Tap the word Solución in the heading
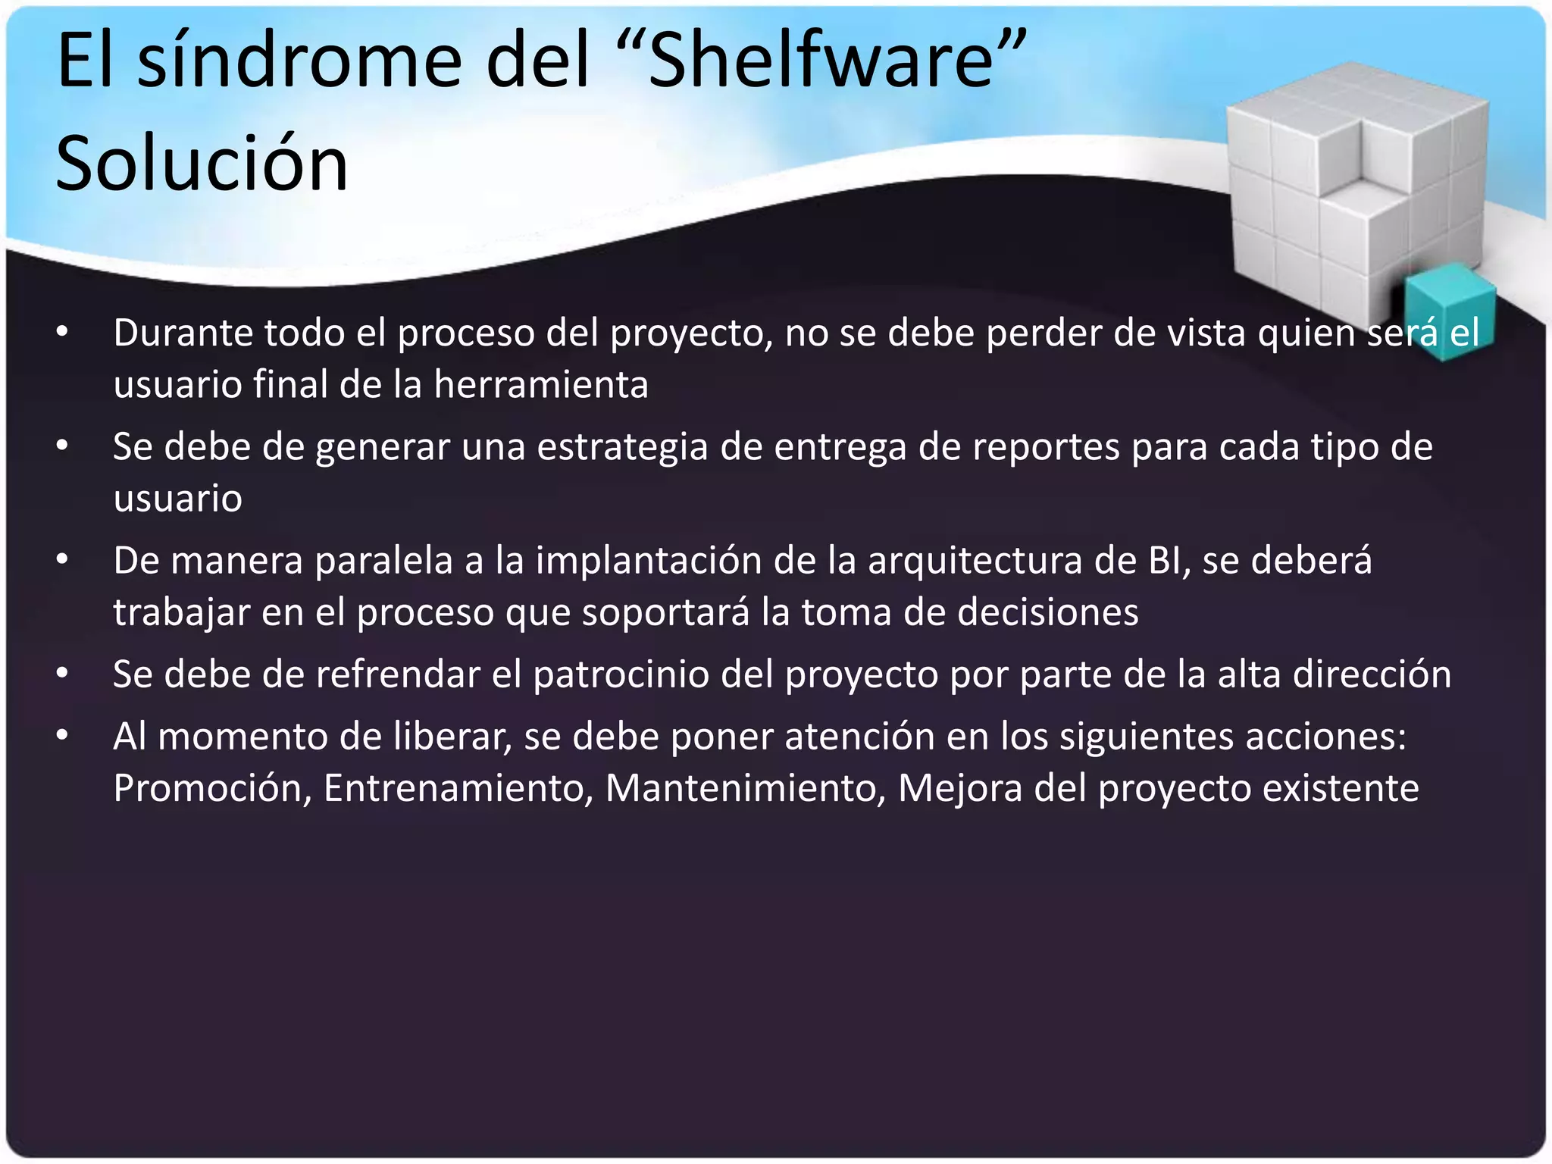[202, 164]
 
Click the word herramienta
[541, 384]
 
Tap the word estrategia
[622, 446]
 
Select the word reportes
[1046, 446]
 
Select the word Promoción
[212, 788]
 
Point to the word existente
[1341, 788]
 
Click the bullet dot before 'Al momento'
[62, 735]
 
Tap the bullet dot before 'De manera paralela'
[62, 560]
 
